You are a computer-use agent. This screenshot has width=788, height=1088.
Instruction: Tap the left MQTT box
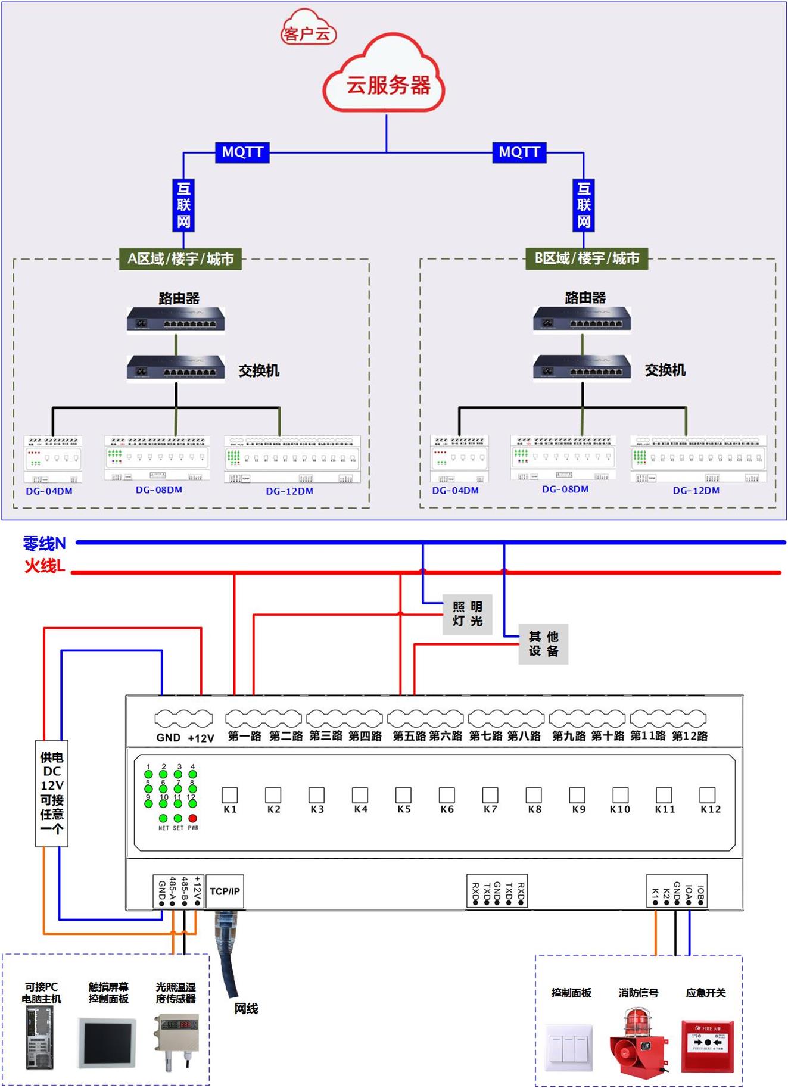pos(242,152)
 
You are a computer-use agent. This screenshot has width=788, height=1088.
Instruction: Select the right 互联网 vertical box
pos(584,205)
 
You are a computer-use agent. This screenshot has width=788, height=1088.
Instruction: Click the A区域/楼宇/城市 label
pos(180,259)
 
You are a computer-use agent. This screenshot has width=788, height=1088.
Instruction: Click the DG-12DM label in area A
pos(289,491)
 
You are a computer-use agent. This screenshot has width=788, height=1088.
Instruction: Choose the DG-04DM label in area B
pos(456,491)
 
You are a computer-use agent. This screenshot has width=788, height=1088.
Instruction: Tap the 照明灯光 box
pos(468,614)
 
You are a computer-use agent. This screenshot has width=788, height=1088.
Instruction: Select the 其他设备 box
pos(543,644)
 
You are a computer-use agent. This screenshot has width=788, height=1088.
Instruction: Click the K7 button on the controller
pos(490,795)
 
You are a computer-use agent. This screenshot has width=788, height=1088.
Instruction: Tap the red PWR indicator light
pos(192,818)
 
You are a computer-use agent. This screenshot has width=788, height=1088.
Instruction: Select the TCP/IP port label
pos(225,891)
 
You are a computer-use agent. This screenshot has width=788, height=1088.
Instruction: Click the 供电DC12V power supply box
pos(52,793)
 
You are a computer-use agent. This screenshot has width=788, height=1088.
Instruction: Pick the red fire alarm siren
pos(637,1042)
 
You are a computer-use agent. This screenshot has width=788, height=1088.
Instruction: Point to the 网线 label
pos(246,1008)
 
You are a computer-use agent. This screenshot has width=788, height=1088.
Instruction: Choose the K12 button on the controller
pos(707,795)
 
